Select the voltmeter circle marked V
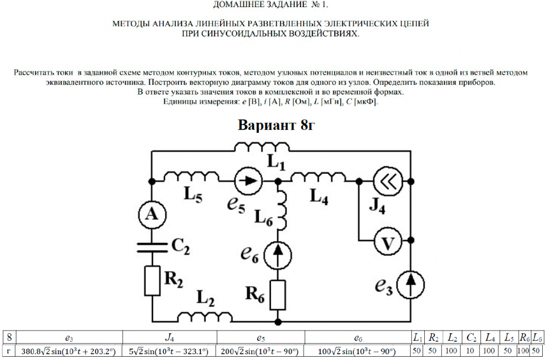click(387, 244)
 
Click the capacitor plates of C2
click(151, 247)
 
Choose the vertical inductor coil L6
click(282, 210)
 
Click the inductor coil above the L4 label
click(318, 177)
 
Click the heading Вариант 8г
click(277, 125)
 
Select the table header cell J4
click(169, 338)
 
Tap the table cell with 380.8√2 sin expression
click(68, 351)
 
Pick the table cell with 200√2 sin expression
click(260, 351)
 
